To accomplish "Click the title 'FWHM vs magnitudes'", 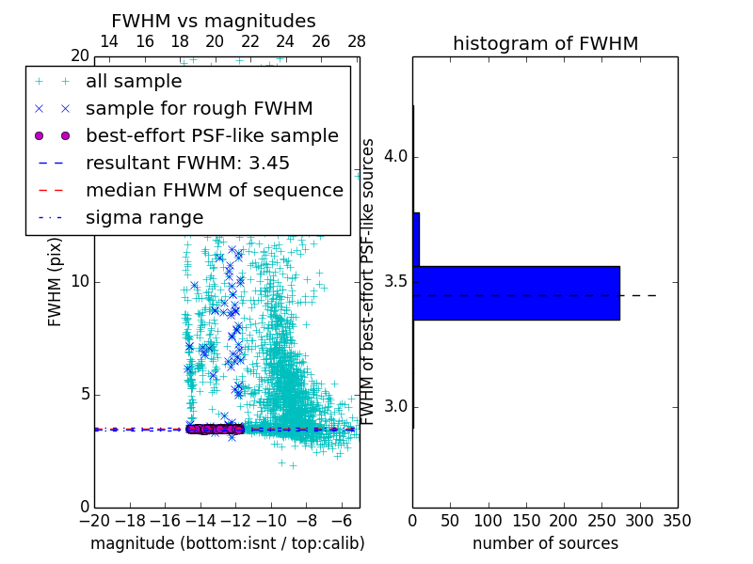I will click(x=214, y=21).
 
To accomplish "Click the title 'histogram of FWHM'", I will click(x=545, y=43).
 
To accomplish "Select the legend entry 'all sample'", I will click(x=134, y=82).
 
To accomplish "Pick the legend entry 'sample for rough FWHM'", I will click(x=199, y=108).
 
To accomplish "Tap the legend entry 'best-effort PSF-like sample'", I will click(x=212, y=135).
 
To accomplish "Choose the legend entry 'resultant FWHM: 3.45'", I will click(x=187, y=163).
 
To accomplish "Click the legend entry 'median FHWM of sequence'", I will click(x=214, y=190).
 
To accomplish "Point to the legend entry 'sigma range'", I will click(x=144, y=217).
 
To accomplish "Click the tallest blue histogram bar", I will click(x=516, y=292).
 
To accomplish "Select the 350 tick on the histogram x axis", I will click(x=678, y=521).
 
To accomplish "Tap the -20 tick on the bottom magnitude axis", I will click(x=94, y=521).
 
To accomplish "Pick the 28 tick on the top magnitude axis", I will click(x=356, y=41).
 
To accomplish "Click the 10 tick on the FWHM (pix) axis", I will click(x=80, y=282).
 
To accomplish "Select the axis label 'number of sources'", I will click(x=545, y=543).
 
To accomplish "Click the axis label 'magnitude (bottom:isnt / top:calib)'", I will click(x=227, y=543).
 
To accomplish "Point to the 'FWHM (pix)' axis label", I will click(x=55, y=282).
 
